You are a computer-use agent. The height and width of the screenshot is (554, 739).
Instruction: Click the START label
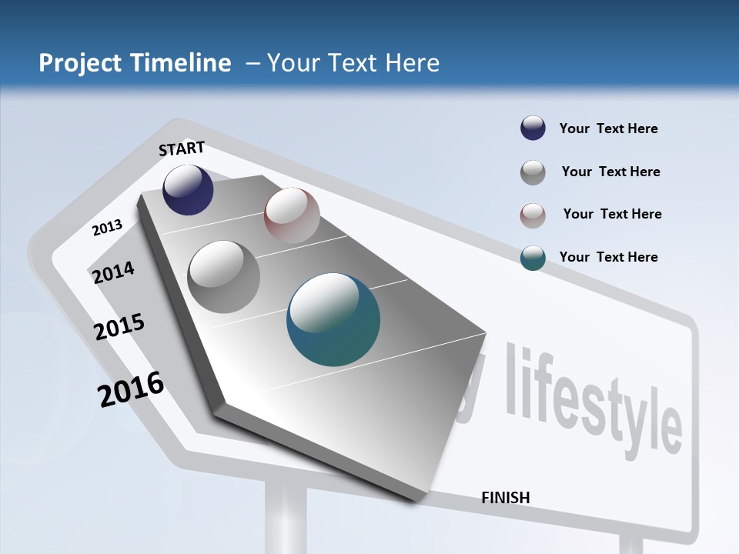pos(182,149)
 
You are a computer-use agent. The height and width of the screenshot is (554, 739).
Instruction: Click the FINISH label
pos(506,498)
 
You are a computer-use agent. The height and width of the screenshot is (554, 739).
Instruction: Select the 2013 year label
pos(107,227)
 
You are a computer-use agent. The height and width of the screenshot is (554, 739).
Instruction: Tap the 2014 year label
pos(114,272)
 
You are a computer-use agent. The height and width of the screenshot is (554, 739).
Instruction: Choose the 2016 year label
pos(131,389)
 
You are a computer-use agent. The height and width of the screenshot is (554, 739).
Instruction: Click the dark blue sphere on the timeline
pos(188,190)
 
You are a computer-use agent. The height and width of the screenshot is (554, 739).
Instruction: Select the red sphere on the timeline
pos(292,215)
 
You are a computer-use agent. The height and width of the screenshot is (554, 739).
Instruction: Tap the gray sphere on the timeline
pos(224,277)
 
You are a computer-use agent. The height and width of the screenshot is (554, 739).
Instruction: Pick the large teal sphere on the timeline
pos(333,319)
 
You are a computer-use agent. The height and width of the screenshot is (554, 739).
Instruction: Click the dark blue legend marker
pos(533,128)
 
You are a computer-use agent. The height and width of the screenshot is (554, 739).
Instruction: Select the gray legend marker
pos(533,172)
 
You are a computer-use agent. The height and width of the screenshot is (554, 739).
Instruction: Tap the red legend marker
pos(533,215)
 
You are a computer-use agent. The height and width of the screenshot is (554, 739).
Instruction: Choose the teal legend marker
pos(533,258)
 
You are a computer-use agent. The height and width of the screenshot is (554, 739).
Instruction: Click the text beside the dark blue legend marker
pos(608,128)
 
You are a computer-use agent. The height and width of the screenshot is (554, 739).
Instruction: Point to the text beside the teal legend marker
pos(608,257)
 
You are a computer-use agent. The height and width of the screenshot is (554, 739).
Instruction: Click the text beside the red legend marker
pos(612,214)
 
